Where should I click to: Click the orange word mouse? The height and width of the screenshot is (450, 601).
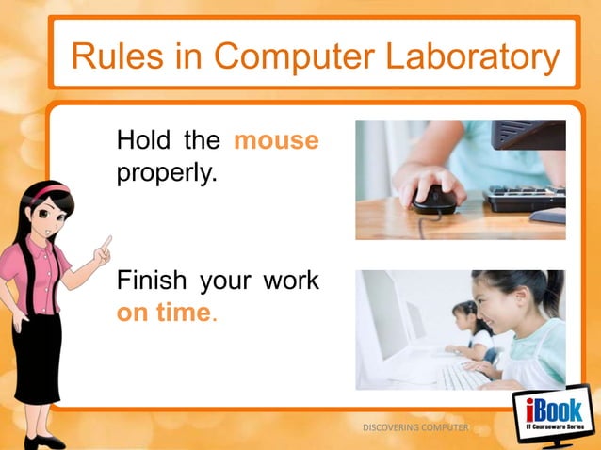[x=275, y=142]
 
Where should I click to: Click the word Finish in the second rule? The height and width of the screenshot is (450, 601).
[x=152, y=281]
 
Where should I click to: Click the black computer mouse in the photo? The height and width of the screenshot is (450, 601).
[x=435, y=197]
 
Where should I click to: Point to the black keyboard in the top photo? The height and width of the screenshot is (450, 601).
[x=524, y=198]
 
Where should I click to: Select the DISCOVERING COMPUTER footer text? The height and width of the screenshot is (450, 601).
[x=414, y=428]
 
